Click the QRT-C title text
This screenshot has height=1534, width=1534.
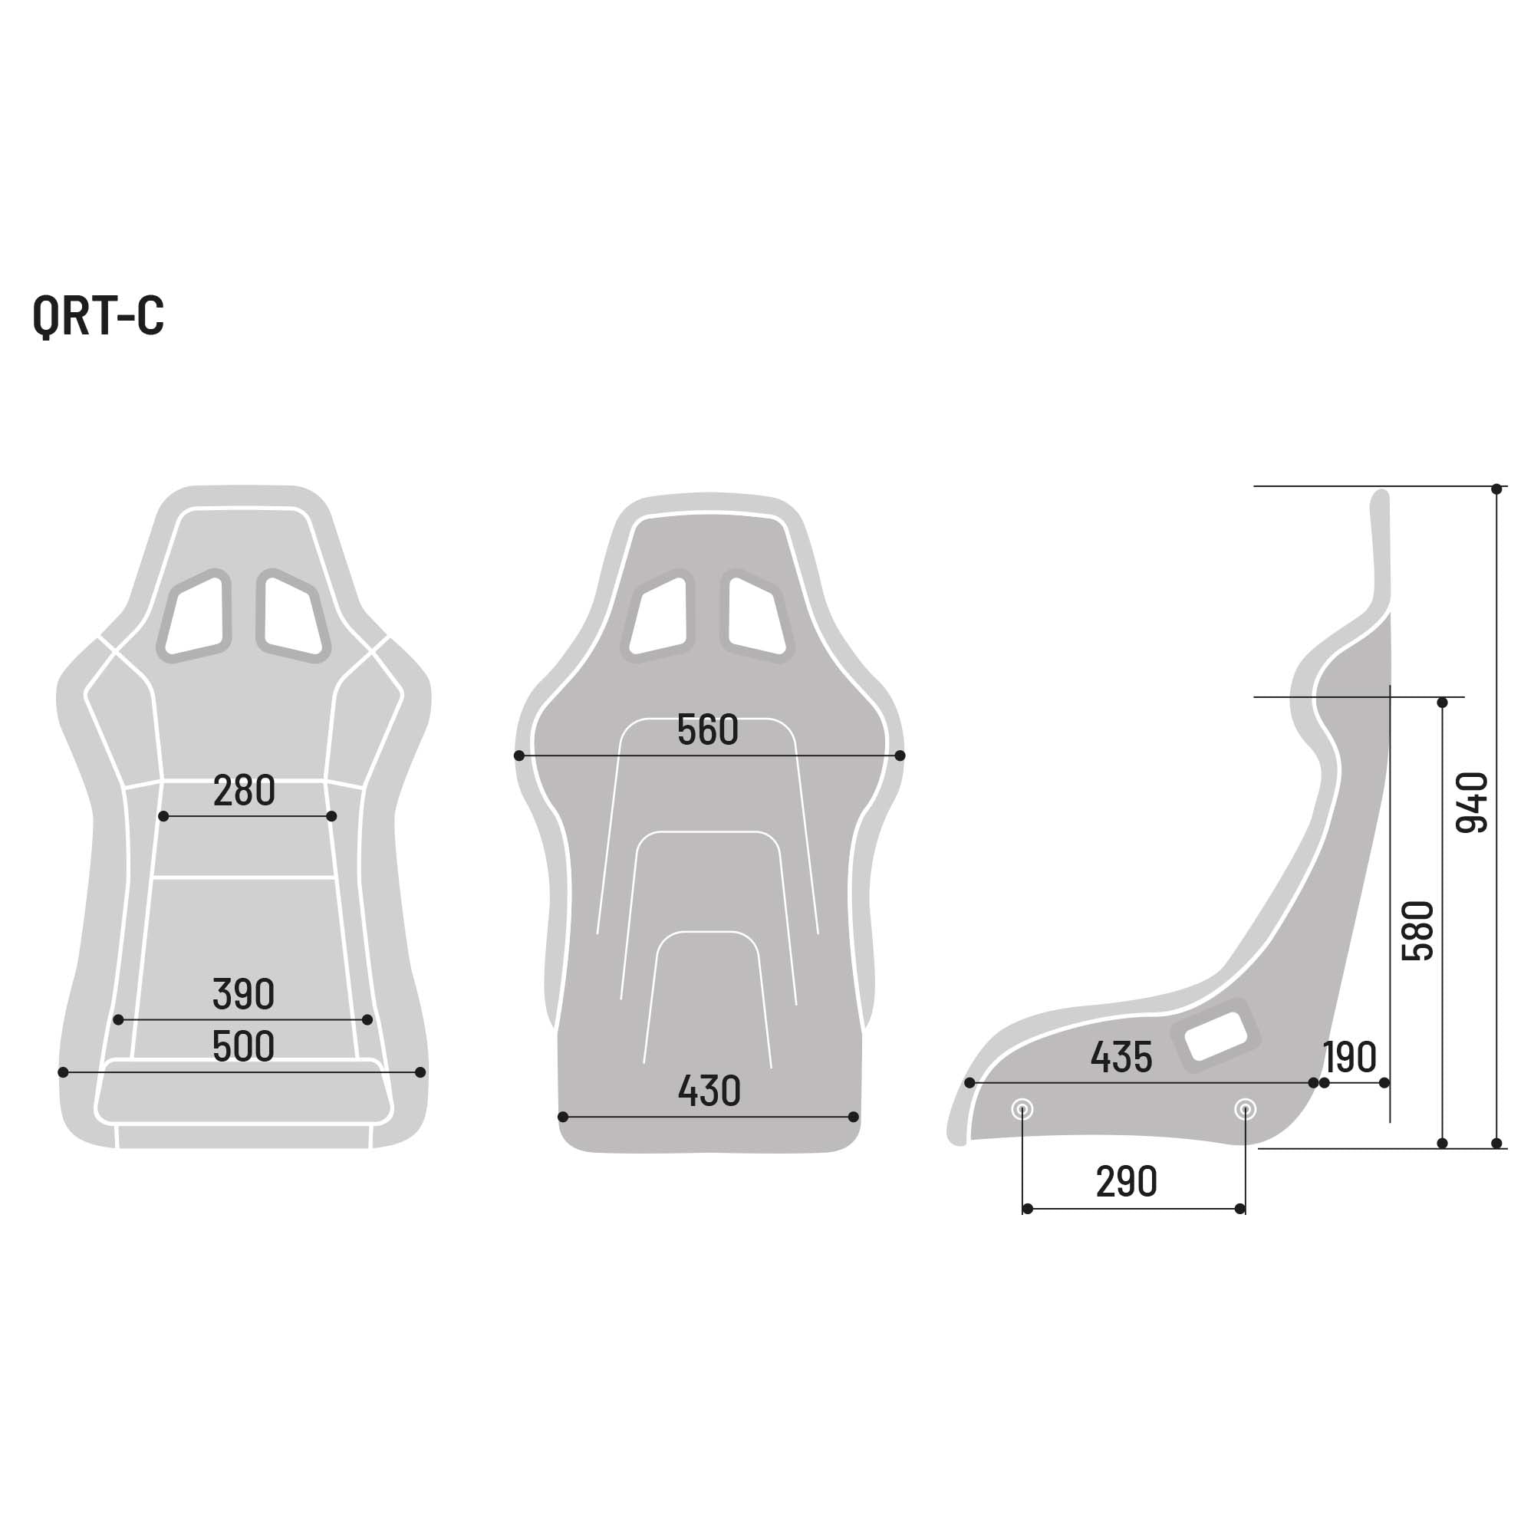(98, 315)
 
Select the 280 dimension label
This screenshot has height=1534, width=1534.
(244, 791)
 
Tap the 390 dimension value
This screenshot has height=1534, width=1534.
(244, 994)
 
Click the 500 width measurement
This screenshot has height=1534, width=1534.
(244, 1046)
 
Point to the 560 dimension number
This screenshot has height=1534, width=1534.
(707, 730)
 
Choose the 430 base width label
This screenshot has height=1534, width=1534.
(709, 1091)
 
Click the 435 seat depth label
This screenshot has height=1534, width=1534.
(1121, 1058)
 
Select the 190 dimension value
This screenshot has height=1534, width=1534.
(1349, 1058)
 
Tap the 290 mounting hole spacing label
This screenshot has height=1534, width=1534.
(1126, 1182)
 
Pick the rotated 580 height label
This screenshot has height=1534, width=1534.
(1418, 930)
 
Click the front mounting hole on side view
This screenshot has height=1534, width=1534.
(1022, 1109)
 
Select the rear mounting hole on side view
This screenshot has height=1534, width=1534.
(1245, 1109)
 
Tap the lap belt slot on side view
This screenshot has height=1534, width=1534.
(1215, 1036)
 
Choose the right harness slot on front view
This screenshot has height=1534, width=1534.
(292, 616)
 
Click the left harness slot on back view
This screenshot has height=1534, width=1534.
(660, 616)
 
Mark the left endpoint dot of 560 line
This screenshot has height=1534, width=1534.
(519, 756)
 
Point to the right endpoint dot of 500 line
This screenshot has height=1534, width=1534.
(421, 1073)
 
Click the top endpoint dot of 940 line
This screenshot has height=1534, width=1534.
(1496, 489)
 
